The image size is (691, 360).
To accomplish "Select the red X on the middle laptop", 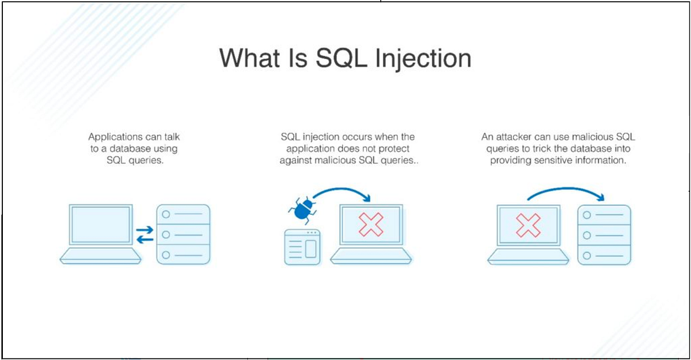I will [371, 225].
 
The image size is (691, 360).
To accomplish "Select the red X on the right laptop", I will [527, 225].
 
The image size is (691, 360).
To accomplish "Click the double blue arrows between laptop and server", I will [145, 234].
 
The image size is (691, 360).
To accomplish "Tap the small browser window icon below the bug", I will [302, 247].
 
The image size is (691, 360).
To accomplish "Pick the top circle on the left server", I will [166, 214].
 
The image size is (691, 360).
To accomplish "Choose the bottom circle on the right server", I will [587, 254].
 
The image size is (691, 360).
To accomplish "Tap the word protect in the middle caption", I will [400, 149].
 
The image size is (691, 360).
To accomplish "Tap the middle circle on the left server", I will [166, 234].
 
